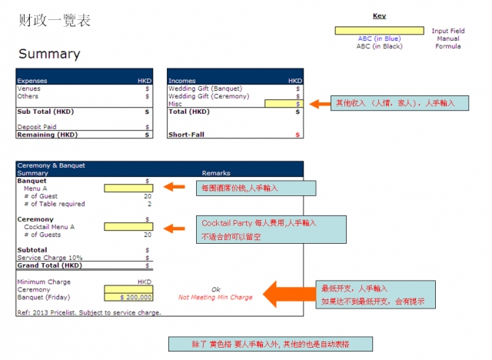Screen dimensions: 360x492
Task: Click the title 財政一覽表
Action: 54,21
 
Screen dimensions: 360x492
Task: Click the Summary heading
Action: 49,54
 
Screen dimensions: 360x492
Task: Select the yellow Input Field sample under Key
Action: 379,31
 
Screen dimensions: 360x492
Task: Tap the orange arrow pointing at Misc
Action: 319,103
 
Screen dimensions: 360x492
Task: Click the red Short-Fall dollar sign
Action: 298,135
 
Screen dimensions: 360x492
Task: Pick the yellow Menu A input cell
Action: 128,188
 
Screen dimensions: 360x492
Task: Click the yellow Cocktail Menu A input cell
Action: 128,227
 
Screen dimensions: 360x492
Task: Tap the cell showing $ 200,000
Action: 128,296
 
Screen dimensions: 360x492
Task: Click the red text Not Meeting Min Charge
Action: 216,296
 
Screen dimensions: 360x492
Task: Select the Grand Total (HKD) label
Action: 50,265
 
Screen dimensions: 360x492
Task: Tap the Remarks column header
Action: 216,173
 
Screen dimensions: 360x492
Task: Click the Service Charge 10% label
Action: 50,257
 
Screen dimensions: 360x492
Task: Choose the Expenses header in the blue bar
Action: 32,80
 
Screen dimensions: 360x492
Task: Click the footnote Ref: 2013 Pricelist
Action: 88,312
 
